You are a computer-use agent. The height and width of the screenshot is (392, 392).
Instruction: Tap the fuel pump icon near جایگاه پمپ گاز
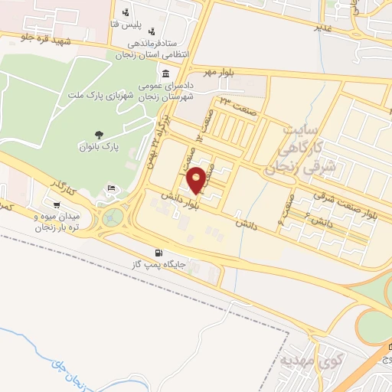coord(158,253)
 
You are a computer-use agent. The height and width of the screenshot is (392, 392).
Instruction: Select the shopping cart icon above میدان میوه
coord(57,204)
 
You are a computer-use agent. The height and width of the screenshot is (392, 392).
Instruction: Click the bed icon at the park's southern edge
coord(113,188)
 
